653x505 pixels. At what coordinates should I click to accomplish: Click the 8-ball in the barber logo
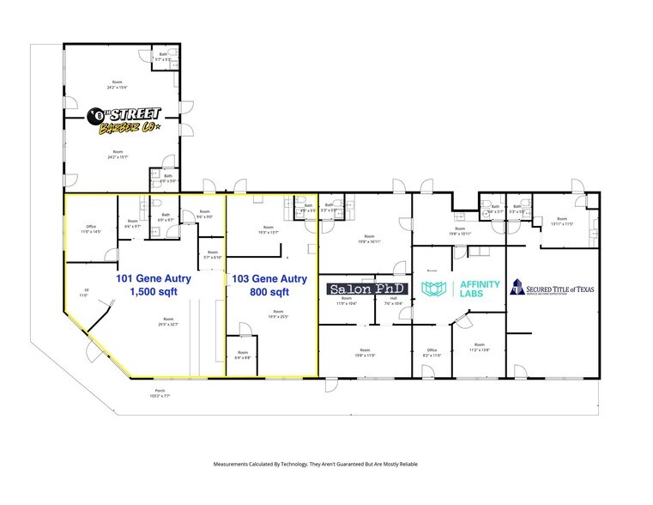point(97,114)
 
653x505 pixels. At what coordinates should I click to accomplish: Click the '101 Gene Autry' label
point(154,279)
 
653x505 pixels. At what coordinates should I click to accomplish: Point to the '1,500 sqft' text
point(154,293)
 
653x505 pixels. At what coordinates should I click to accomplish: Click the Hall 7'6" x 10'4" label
point(394,301)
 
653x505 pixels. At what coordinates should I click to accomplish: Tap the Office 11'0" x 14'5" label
point(91,230)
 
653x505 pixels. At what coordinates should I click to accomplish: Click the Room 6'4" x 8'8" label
point(245,355)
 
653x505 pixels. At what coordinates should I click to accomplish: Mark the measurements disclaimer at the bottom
point(315,465)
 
